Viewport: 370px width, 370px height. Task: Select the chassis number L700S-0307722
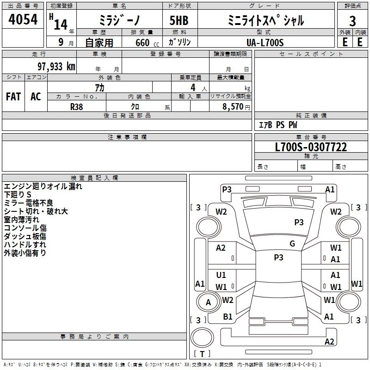311,148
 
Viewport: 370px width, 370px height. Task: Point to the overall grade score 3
352,21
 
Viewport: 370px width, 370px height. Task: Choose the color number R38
77,105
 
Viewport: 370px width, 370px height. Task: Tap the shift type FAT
13,97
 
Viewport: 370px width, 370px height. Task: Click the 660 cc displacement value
142,43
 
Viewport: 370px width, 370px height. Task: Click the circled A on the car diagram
208,302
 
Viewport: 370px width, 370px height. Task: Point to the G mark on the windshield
292,244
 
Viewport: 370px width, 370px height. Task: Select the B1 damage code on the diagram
228,317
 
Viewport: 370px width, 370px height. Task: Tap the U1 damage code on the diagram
221,275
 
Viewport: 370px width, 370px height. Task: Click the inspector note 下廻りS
18,194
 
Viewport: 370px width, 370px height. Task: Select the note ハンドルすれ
25,244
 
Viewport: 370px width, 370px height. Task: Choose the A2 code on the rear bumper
329,342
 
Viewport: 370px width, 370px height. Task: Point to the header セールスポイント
311,54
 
